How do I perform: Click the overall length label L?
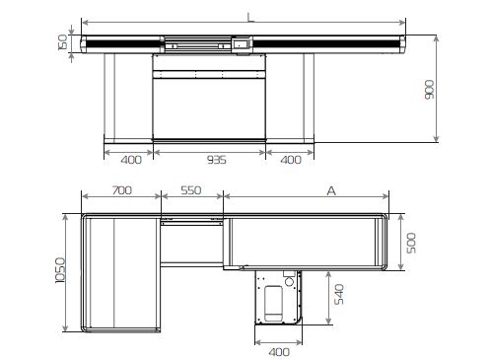pyautogui.click(x=250, y=18)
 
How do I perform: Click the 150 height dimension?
pyautogui.click(x=62, y=42)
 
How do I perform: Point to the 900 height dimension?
pyautogui.click(x=429, y=90)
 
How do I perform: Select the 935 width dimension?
pyautogui.click(x=217, y=160)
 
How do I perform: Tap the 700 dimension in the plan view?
pyautogui.click(x=122, y=190)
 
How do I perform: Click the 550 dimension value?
pyautogui.click(x=191, y=190)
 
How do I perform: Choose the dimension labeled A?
pyautogui.click(x=331, y=190)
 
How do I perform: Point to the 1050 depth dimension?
pyautogui.click(x=60, y=270)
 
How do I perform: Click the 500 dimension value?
pyautogui.click(x=411, y=243)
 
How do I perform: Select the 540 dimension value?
pyautogui.click(x=339, y=295)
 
